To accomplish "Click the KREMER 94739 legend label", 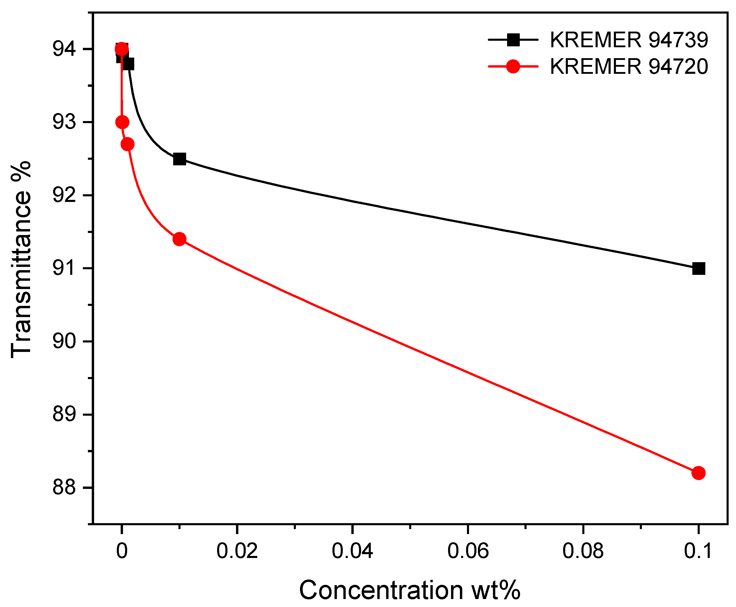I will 629,40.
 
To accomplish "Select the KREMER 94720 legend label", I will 629,66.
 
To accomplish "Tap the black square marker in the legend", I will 513,40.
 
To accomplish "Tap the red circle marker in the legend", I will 513,66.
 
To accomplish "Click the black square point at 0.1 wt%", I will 698,269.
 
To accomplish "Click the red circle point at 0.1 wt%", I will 698,473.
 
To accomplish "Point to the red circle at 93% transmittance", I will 122,122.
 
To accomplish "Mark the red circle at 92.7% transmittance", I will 127,144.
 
